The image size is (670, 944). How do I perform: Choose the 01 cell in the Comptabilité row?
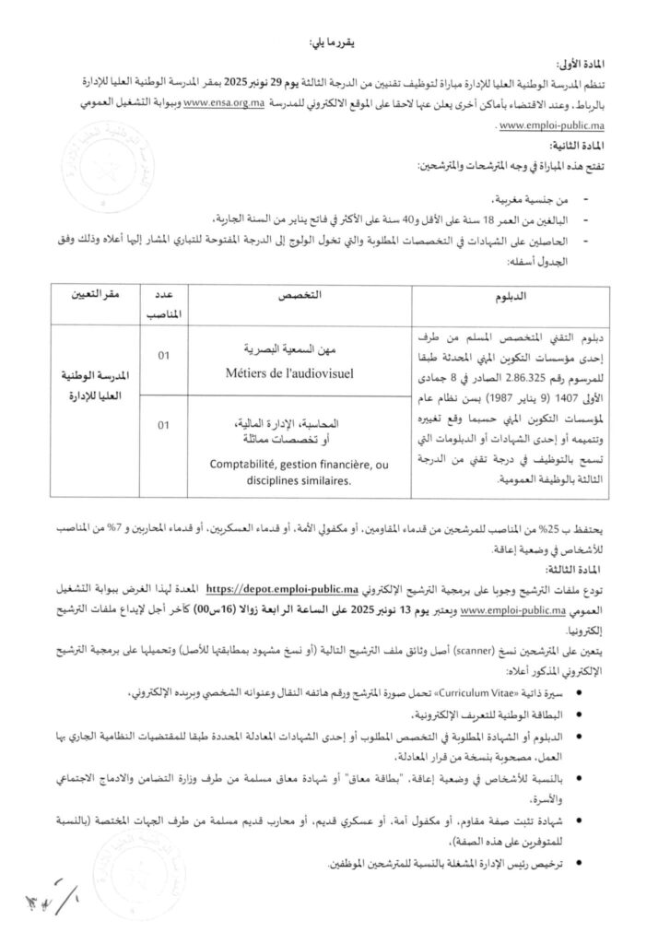point(167,426)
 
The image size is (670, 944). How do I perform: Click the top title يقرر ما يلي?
point(335,44)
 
